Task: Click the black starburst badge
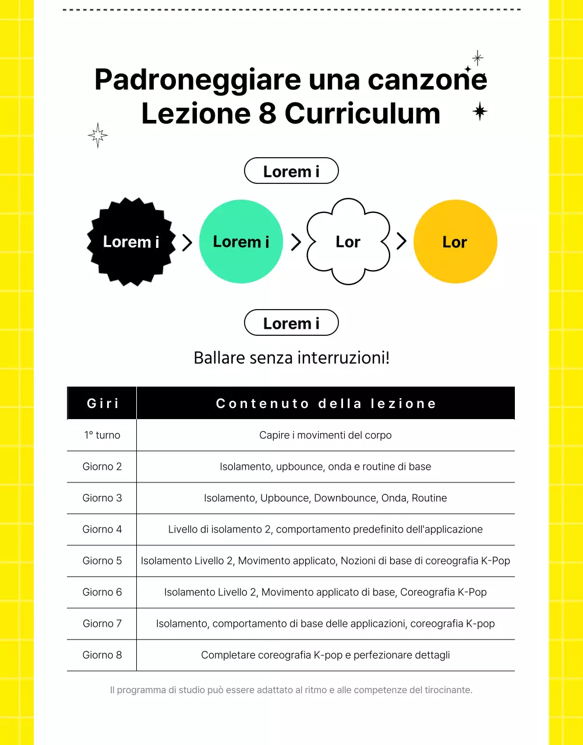(x=131, y=242)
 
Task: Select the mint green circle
(x=241, y=242)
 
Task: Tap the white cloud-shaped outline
(x=348, y=242)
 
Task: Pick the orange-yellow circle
(x=455, y=242)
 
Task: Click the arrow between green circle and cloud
(x=296, y=242)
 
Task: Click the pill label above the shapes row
(x=291, y=171)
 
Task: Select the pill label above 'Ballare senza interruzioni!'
(x=291, y=323)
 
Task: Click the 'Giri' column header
(x=103, y=403)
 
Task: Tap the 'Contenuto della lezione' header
(x=326, y=403)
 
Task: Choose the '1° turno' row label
(x=102, y=435)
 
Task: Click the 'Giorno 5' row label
(x=102, y=561)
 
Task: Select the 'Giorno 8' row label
(x=102, y=655)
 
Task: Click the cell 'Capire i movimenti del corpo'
(x=326, y=435)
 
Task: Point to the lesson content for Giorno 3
(x=326, y=498)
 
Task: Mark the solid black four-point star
(x=480, y=111)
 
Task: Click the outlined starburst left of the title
(x=98, y=136)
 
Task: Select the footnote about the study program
(x=291, y=690)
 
